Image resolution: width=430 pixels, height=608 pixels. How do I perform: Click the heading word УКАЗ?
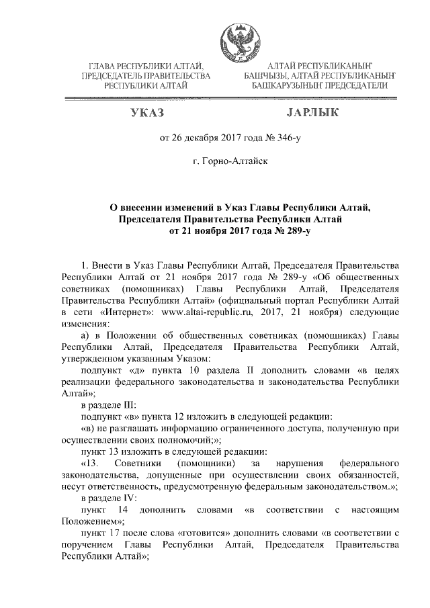coord(147,112)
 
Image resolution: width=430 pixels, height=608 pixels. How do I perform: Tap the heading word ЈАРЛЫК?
coord(306,112)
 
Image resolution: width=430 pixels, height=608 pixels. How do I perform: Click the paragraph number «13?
coord(89,464)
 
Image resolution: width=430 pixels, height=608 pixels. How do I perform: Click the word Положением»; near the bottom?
coord(92,521)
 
